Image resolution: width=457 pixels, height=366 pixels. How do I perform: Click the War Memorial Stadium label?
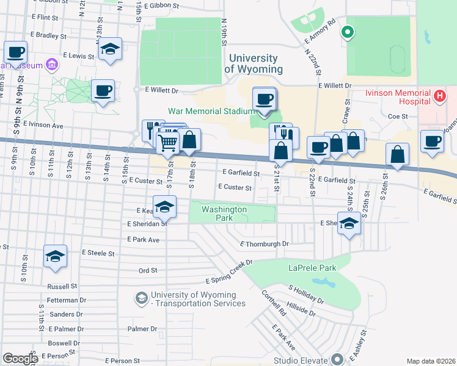211,111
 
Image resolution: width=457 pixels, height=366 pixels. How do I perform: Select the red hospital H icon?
439,95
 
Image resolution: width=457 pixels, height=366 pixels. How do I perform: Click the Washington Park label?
224,213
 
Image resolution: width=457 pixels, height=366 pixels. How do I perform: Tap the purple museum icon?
51,64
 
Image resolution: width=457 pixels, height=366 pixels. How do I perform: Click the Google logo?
20,359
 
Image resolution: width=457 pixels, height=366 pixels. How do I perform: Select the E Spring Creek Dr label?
230,271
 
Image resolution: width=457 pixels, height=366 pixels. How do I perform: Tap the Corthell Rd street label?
274,303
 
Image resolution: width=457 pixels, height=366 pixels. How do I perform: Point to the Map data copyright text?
431,361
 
